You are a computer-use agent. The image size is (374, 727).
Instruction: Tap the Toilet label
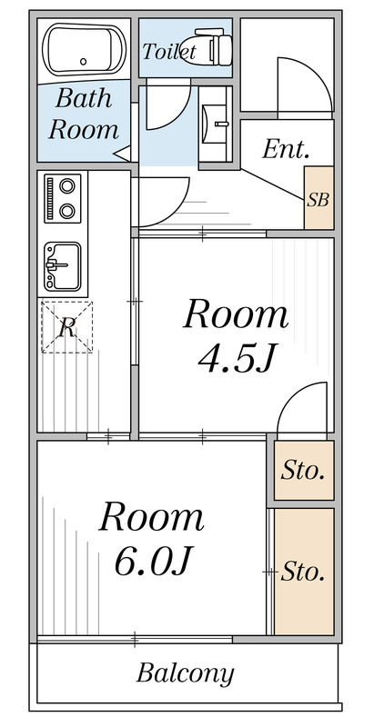(168, 53)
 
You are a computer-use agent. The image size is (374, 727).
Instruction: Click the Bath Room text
(84, 114)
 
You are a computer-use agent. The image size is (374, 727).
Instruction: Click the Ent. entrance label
(286, 150)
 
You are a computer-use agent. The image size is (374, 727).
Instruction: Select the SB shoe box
(318, 198)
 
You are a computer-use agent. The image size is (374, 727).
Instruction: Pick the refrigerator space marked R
(66, 327)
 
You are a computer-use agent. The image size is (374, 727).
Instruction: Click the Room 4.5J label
(236, 336)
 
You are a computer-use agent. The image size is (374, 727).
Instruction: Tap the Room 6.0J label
(151, 538)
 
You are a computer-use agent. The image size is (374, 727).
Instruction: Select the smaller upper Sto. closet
(303, 471)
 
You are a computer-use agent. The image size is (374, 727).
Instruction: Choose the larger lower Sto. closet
(303, 572)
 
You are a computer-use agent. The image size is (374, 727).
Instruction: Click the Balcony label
(185, 673)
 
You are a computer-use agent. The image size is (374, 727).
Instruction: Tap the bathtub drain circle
(84, 62)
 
